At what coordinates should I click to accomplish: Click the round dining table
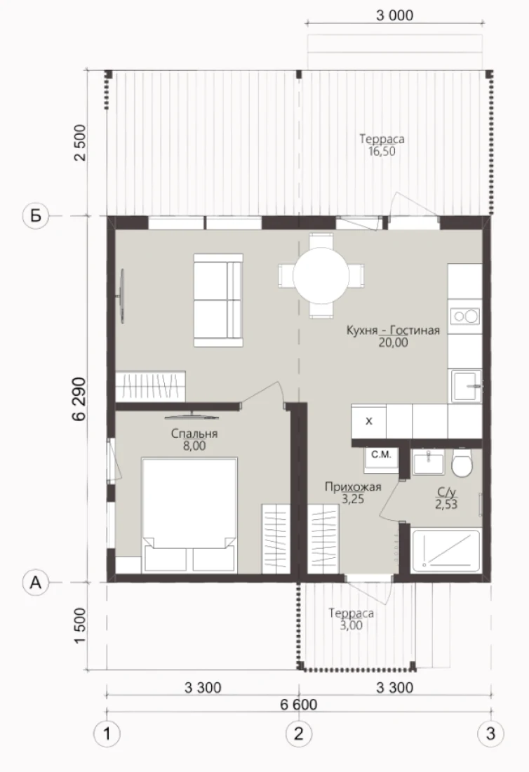(321, 276)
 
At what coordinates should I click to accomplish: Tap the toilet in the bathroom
(462, 462)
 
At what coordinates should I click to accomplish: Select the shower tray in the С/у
(446, 550)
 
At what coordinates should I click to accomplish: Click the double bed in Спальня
(189, 515)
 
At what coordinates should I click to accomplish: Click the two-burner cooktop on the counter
(465, 316)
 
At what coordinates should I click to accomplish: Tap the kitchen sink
(466, 386)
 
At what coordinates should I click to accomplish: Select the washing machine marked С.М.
(381, 460)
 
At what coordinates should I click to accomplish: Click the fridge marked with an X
(368, 422)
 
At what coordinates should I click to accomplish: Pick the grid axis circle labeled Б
(36, 215)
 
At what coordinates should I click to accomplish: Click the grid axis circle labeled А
(36, 583)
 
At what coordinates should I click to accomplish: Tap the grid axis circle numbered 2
(299, 733)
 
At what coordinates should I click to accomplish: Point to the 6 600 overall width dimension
(299, 705)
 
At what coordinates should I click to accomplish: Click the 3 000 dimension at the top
(395, 15)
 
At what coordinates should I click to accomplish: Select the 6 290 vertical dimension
(79, 399)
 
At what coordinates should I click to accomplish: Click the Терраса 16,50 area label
(382, 145)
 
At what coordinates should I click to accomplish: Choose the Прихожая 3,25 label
(353, 493)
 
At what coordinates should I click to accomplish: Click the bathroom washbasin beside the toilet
(428, 462)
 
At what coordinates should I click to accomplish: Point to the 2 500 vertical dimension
(79, 142)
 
